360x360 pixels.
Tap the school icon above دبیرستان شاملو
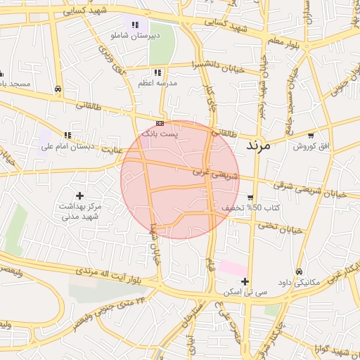click(135, 25)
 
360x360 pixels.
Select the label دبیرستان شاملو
click(136, 34)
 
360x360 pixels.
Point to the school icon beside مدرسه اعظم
click(158, 72)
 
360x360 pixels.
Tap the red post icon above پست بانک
click(160, 123)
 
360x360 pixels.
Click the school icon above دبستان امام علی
click(67, 136)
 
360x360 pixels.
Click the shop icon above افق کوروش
click(311, 135)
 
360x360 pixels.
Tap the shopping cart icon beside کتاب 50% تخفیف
click(251, 198)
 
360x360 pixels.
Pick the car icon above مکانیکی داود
click(299, 271)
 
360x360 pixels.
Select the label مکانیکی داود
click(298, 282)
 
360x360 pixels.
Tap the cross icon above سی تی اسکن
click(245, 281)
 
